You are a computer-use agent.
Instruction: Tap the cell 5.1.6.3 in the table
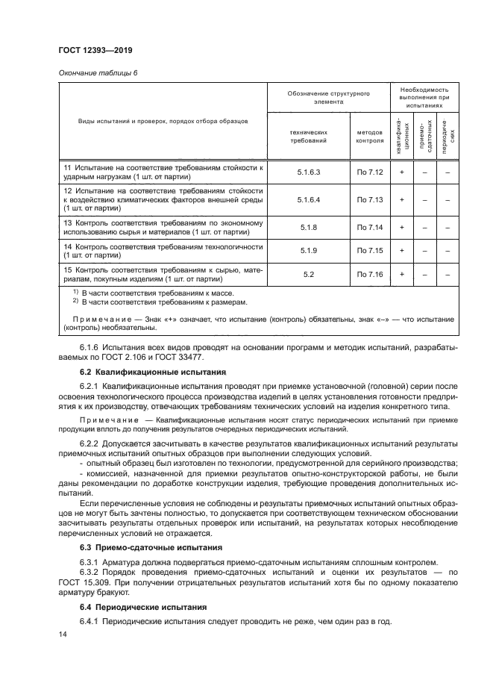[308, 172]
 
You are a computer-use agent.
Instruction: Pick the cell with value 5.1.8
[308, 226]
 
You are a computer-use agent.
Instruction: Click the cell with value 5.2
[308, 274]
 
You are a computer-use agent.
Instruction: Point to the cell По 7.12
[369, 172]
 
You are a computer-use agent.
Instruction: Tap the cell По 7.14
[369, 226]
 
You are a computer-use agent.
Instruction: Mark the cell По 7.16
[369, 274]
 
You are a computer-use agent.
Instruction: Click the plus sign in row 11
[402, 172]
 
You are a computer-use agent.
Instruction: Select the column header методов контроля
[369, 135]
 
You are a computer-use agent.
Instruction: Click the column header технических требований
[308, 135]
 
